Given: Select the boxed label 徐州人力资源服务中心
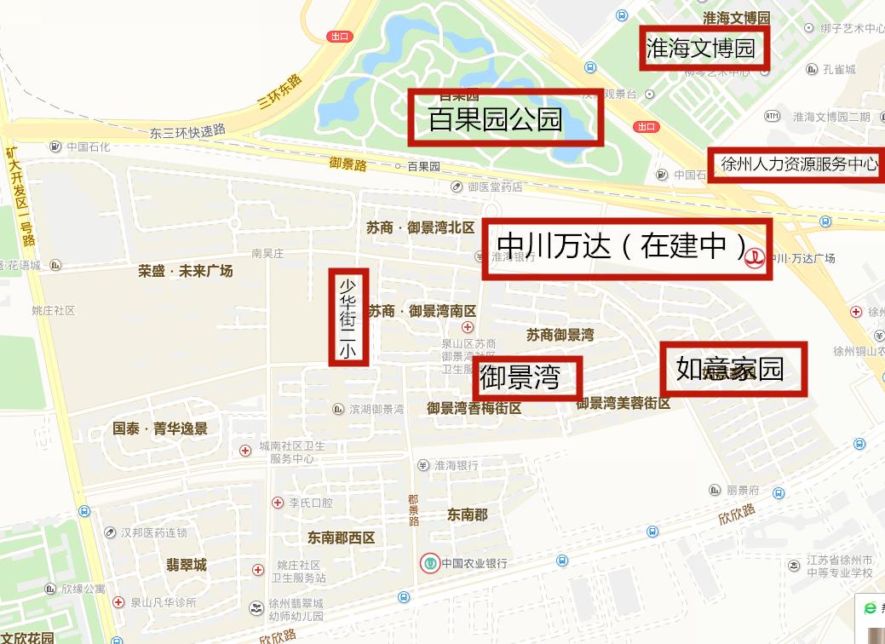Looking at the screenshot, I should point(797,164).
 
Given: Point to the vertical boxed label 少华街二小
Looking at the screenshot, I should point(348,317).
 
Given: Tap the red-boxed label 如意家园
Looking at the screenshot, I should point(733,369).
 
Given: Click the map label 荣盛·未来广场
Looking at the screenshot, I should point(186,272).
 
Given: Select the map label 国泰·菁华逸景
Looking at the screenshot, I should point(160,428).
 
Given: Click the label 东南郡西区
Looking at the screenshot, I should point(341,538).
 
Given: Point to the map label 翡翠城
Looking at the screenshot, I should point(187,565).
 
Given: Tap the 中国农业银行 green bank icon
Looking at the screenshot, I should point(430,563).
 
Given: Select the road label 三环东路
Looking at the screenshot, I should point(280,93).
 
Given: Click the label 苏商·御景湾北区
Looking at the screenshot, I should point(421,227).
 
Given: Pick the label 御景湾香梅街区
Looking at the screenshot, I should point(474,409).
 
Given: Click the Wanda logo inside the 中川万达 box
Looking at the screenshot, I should point(754,258).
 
